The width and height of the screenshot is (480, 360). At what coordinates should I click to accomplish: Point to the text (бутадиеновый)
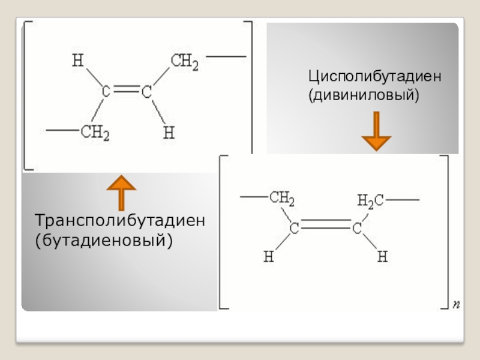[x=103, y=240]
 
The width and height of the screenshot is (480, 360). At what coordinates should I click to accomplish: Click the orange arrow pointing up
[x=121, y=193]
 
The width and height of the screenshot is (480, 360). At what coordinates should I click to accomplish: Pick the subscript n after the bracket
[x=456, y=305]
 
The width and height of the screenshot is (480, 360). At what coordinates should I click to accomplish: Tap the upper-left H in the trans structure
[x=76, y=61]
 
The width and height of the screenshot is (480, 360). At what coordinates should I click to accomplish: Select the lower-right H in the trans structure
[x=169, y=133]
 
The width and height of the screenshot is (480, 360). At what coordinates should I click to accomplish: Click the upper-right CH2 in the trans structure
[x=184, y=62]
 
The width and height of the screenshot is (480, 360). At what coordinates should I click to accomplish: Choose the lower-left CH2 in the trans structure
[x=95, y=133]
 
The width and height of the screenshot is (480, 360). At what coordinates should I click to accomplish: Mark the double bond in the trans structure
[x=126, y=92]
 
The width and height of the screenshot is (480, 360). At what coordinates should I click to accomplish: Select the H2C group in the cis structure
[x=371, y=200]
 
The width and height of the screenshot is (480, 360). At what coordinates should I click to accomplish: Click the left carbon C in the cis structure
[x=295, y=228]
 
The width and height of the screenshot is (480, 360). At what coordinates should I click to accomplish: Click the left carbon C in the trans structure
[x=106, y=92]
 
